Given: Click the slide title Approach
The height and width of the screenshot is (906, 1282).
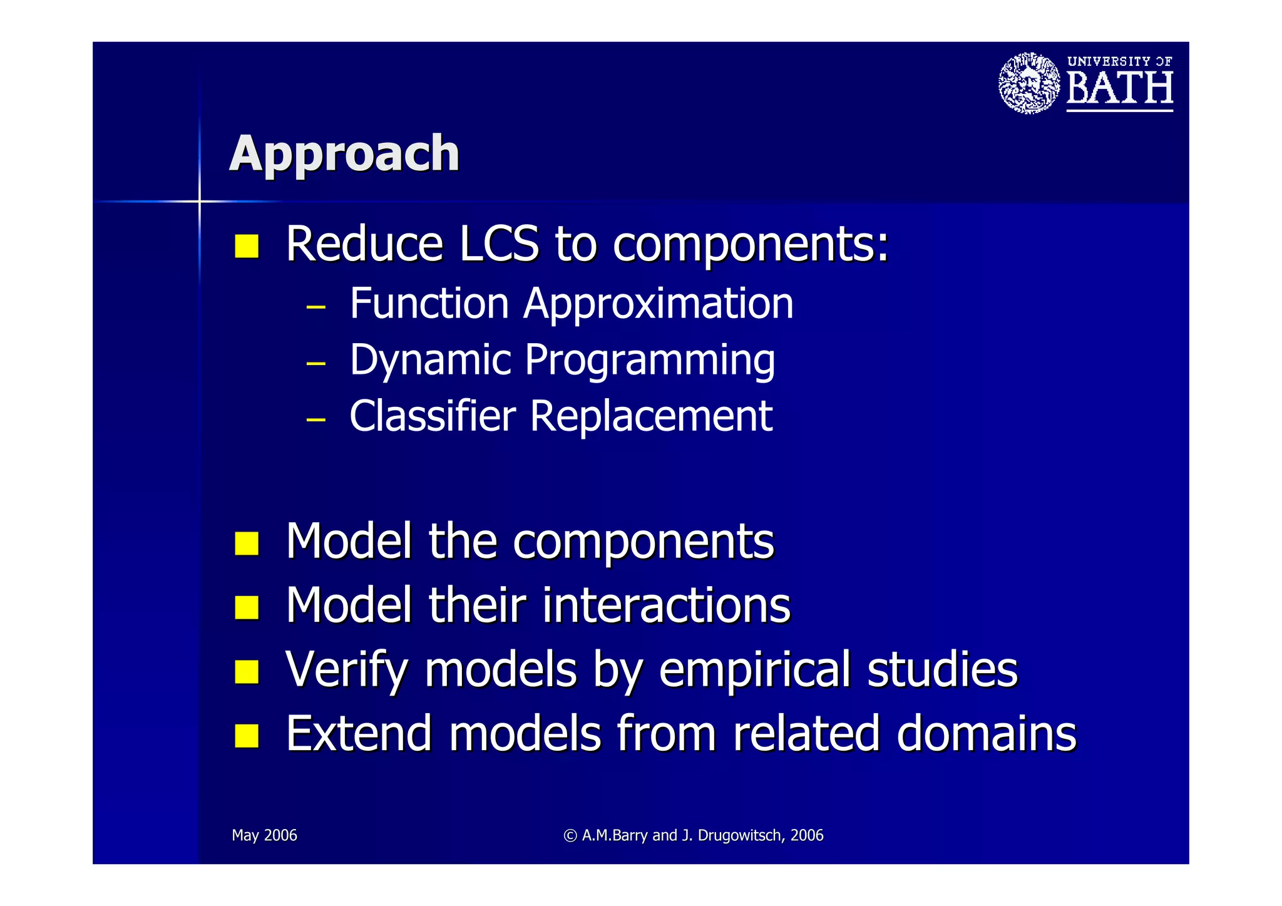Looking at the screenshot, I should click(344, 153).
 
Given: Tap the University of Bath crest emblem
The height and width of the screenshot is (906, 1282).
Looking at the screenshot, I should click(1028, 83).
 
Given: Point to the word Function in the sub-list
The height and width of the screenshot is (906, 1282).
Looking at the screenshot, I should click(429, 304).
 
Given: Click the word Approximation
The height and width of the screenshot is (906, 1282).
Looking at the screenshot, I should click(659, 305).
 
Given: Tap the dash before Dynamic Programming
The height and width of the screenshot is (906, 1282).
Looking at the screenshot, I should click(316, 363).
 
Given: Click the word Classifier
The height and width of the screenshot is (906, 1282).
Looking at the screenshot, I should click(433, 416).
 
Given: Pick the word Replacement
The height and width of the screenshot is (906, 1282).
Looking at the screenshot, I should click(651, 418).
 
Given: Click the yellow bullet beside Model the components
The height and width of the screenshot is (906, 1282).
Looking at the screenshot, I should click(247, 543).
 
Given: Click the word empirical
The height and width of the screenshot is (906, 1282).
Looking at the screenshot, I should click(755, 670).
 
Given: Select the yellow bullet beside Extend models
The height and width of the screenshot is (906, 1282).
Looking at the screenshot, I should click(247, 735).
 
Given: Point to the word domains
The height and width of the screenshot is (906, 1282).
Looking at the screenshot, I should click(986, 734).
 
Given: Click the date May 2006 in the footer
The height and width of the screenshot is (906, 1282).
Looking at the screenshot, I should click(264, 835).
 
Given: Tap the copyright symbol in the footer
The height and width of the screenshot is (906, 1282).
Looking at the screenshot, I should click(570, 835).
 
